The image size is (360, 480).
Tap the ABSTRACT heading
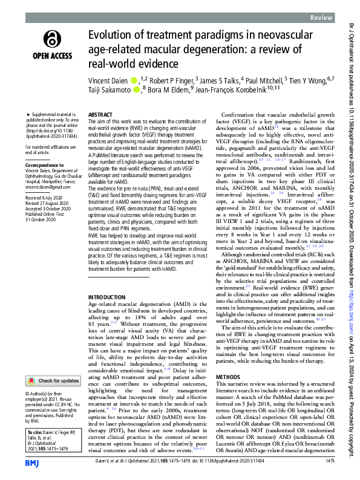100,114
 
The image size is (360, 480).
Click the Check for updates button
53,364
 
